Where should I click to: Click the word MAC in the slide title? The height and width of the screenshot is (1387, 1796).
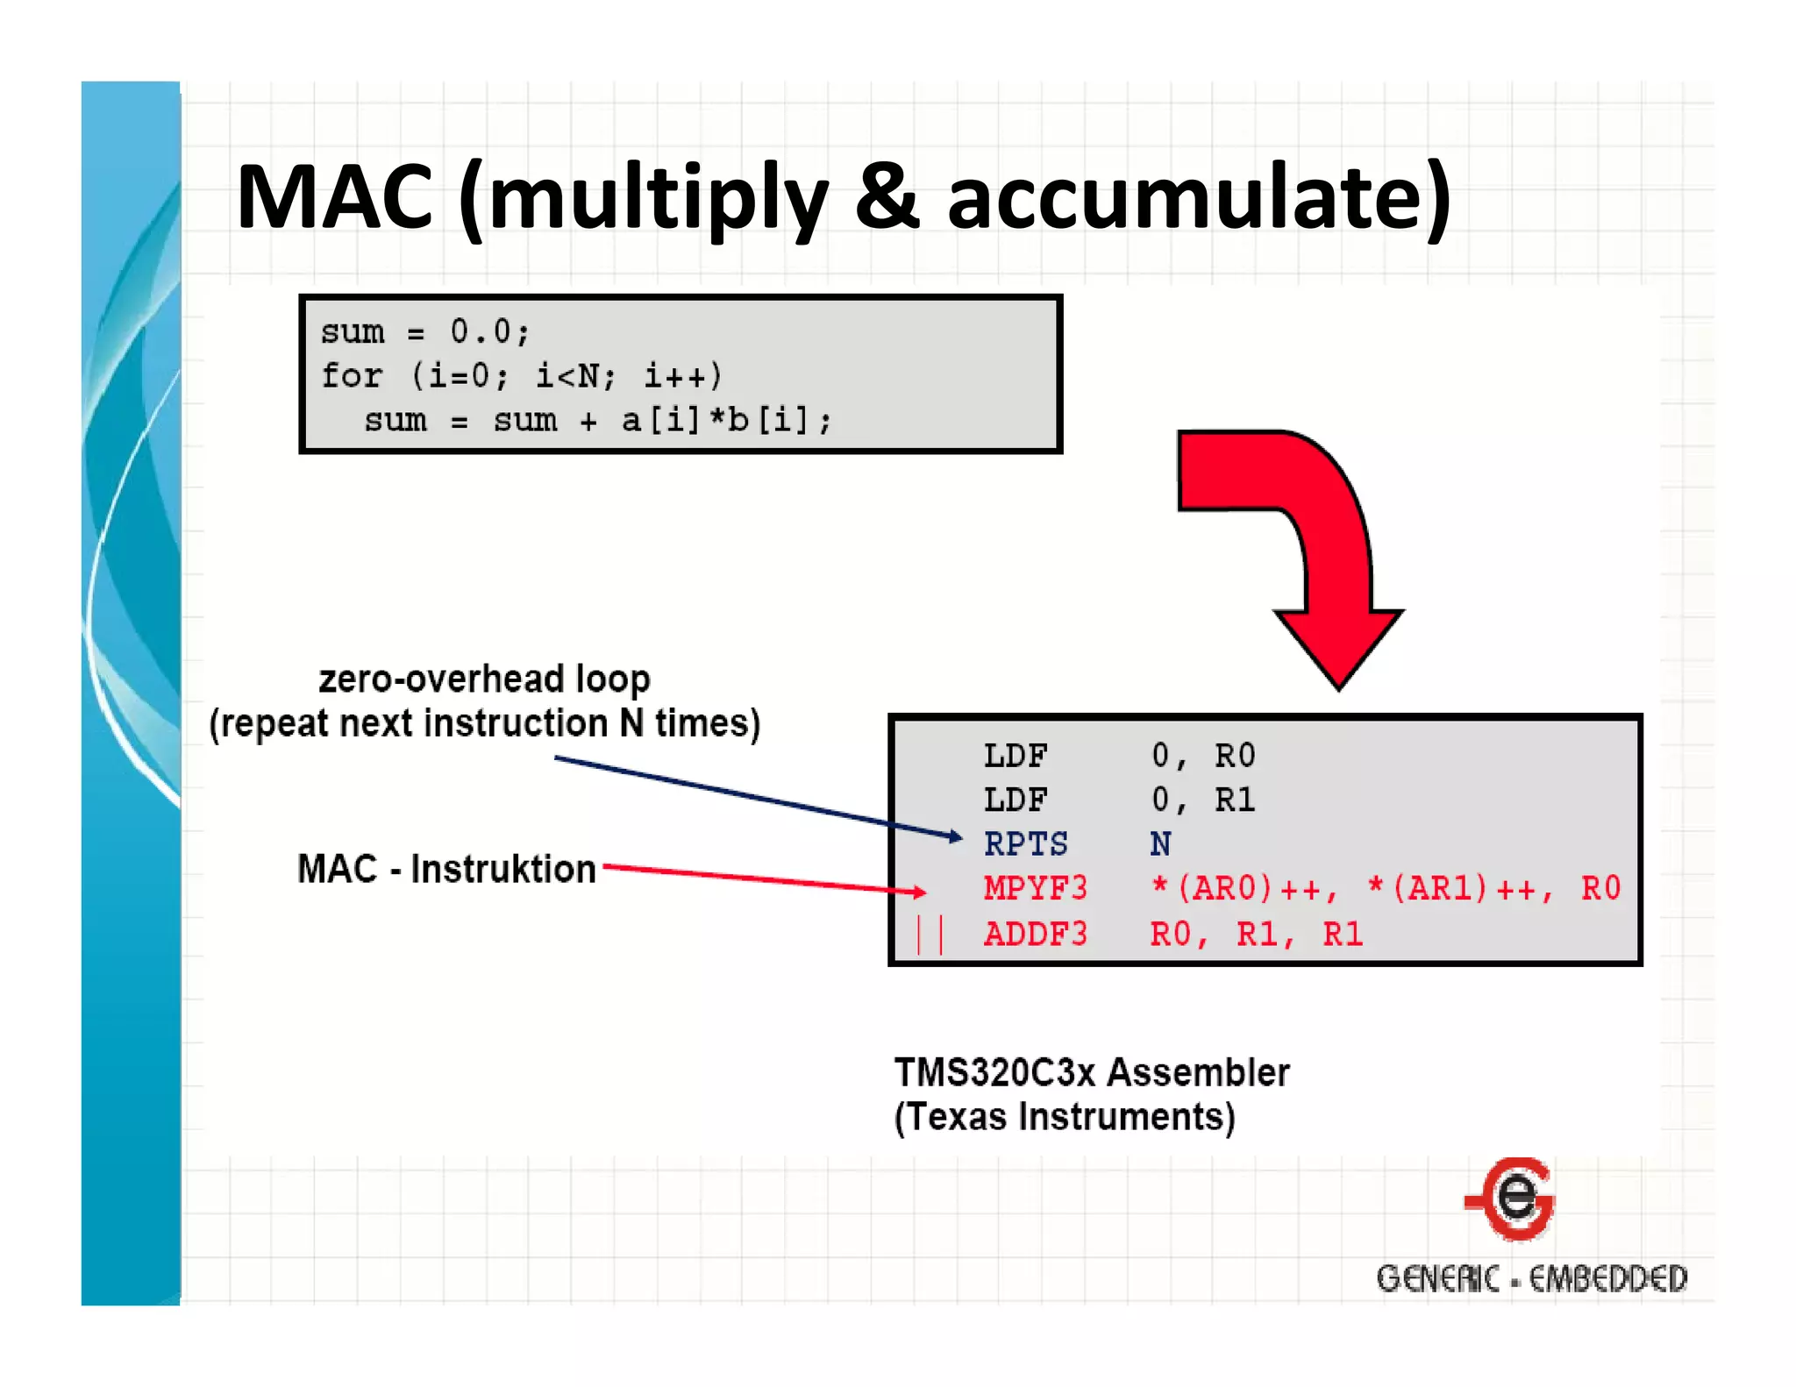[x=334, y=197]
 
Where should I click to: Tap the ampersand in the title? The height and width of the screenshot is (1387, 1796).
[x=887, y=197]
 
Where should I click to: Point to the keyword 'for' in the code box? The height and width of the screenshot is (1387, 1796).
[x=351, y=376]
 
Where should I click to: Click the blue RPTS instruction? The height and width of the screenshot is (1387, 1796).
[x=1025, y=844]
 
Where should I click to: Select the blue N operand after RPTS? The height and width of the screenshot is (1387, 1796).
[x=1160, y=844]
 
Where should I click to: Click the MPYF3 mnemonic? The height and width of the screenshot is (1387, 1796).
[x=1035, y=889]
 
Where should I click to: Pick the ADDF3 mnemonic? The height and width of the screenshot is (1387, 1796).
[x=1035, y=935]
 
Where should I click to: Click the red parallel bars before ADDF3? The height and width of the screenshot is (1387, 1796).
[x=929, y=935]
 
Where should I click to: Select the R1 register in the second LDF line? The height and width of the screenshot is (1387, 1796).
[x=1235, y=800]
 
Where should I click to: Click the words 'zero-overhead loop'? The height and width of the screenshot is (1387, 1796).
[x=484, y=679]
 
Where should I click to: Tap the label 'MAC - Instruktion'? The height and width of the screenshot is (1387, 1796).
[x=446, y=869]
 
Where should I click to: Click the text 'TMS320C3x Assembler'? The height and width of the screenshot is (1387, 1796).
[x=1092, y=1072]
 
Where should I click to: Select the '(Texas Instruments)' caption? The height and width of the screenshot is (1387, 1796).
[x=1065, y=1117]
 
